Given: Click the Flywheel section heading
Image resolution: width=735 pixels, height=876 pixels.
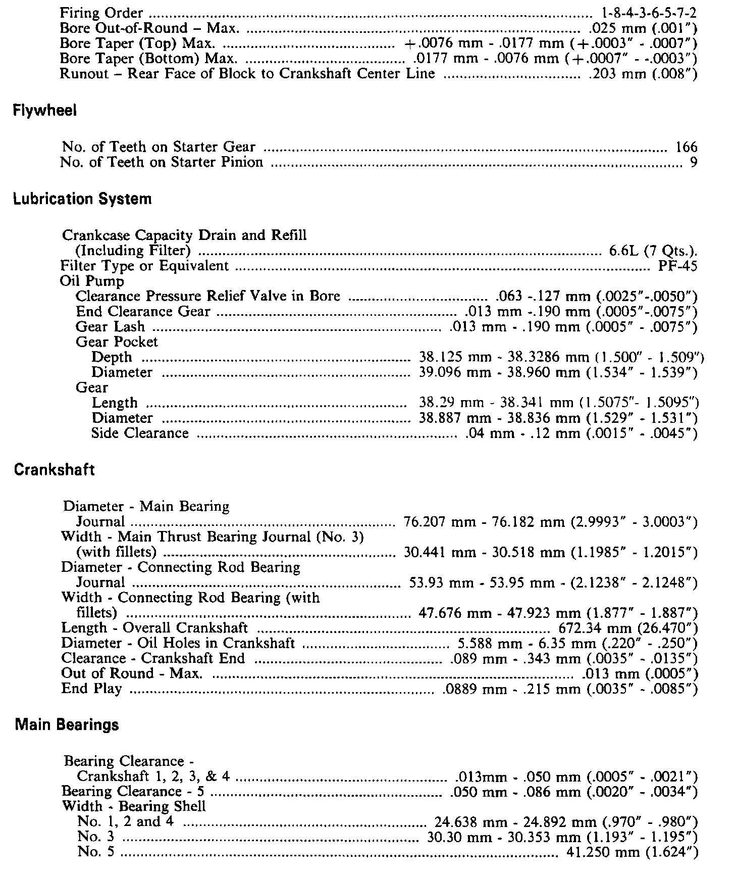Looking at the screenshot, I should [x=45, y=111].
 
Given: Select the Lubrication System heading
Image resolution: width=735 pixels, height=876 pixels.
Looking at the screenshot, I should [x=82, y=199].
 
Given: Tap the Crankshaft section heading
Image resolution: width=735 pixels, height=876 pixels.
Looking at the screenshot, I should [x=55, y=470].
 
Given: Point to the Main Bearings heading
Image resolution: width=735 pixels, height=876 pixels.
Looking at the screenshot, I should [x=67, y=725].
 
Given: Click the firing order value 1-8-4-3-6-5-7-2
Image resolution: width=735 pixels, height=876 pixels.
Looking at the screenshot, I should [x=650, y=13].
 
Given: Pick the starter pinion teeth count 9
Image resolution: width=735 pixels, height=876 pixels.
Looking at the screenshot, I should [x=693, y=163].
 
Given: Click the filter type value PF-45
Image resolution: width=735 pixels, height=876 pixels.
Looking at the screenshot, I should [x=678, y=266].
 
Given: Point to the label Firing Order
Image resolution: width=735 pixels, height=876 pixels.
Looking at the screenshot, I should [x=101, y=13].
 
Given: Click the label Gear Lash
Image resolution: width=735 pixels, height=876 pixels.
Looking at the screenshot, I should [x=110, y=327].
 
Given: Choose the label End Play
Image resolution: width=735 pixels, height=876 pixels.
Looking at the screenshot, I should [x=91, y=689].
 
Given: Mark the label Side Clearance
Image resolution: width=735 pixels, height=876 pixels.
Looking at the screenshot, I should [x=140, y=433].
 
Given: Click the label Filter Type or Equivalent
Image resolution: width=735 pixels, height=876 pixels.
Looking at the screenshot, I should [x=144, y=266].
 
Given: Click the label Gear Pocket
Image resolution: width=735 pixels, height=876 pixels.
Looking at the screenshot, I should [x=117, y=342].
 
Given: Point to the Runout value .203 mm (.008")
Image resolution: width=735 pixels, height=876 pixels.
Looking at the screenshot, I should [x=643, y=74].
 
